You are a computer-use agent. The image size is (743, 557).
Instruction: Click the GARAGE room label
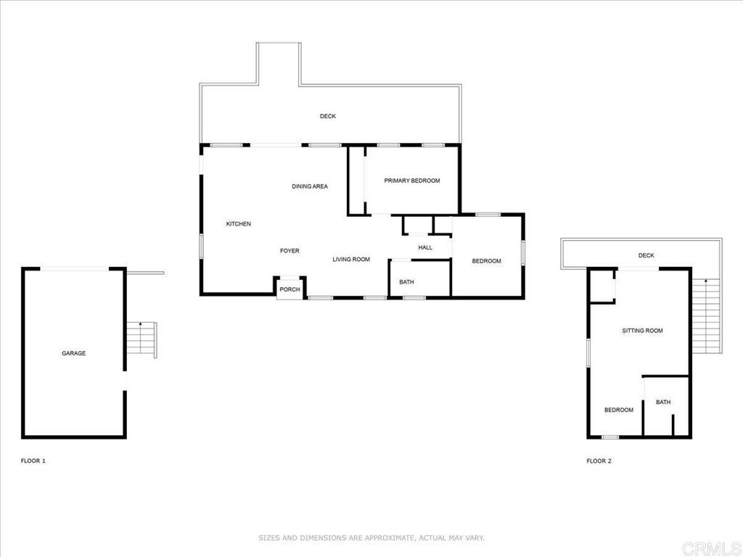[73, 353]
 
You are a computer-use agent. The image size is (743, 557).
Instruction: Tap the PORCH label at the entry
[290, 289]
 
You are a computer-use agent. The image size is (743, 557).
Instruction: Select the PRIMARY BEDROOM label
[411, 181]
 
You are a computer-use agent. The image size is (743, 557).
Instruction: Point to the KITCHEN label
[238, 224]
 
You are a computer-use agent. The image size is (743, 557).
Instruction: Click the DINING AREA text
[310, 186]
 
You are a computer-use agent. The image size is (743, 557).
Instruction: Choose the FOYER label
[290, 251]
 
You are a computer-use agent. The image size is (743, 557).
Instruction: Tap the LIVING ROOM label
[351, 259]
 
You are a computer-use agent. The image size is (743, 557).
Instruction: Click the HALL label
[425, 247]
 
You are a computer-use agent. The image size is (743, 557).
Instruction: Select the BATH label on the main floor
[406, 282]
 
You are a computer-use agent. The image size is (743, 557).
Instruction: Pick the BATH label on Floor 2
[663, 402]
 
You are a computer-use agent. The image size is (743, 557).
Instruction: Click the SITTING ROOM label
[642, 331]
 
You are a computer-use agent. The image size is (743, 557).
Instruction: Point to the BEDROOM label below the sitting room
[618, 410]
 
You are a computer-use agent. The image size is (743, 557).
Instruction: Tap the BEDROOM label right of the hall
[486, 261]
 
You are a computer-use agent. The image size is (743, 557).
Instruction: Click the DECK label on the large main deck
[328, 116]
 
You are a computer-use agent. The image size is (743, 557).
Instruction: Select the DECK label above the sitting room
[646, 255]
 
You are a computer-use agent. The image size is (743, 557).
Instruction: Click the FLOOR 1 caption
[33, 461]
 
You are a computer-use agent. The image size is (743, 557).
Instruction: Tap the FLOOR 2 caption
[599, 461]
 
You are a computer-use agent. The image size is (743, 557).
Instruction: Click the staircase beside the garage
[141, 339]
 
